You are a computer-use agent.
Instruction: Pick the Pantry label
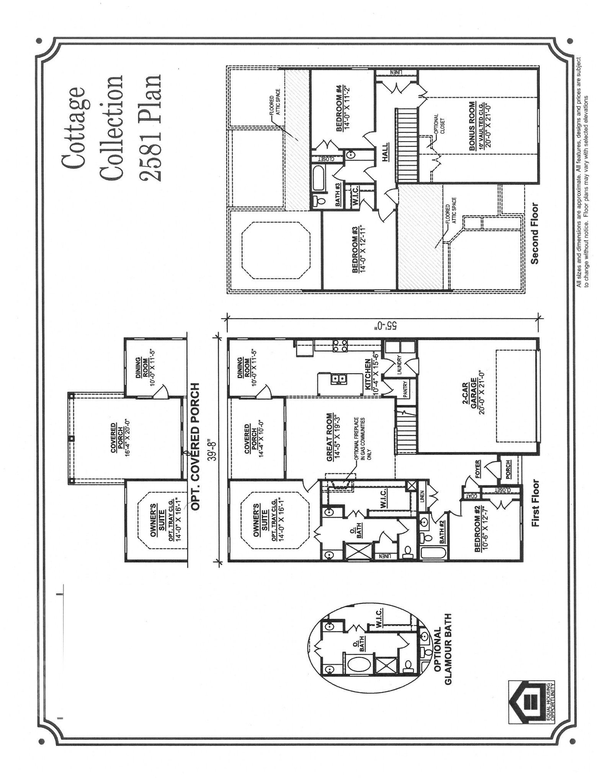(x=405, y=389)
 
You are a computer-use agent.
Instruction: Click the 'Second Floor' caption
(x=534, y=234)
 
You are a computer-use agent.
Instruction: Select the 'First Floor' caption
(x=535, y=503)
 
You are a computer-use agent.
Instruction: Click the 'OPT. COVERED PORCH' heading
(x=195, y=446)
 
